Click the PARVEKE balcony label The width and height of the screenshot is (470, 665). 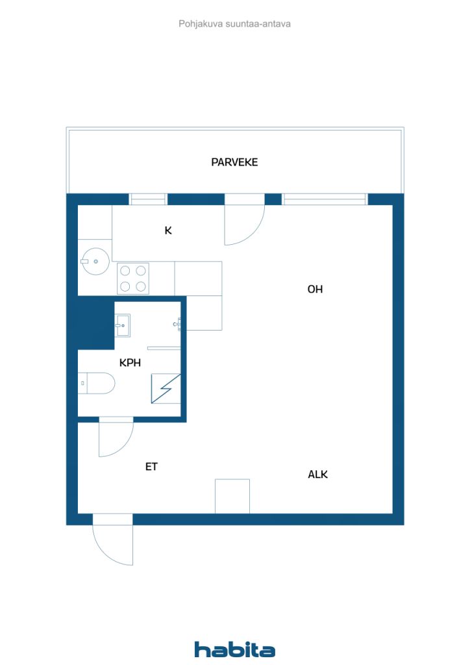click(x=234, y=162)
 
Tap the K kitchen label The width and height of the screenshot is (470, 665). click(x=168, y=231)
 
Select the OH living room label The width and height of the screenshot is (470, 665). click(x=315, y=289)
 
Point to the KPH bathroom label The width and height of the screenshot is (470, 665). click(x=130, y=362)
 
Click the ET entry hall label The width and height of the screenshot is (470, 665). click(x=151, y=466)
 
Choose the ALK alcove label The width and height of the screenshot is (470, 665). click(x=318, y=474)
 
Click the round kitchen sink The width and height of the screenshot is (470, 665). click(x=95, y=261)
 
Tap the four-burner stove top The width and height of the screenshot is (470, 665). click(x=133, y=278)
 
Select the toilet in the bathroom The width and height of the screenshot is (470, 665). click(x=97, y=383)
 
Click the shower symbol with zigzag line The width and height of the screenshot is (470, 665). click(x=166, y=388)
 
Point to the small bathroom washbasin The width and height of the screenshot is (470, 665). click(x=123, y=325)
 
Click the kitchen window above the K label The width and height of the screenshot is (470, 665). click(x=148, y=199)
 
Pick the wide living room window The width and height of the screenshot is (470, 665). click(x=325, y=199)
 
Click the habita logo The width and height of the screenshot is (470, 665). click(x=235, y=649)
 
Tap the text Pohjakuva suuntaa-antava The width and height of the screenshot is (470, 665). click(x=234, y=24)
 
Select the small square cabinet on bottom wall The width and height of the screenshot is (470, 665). click(x=232, y=496)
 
